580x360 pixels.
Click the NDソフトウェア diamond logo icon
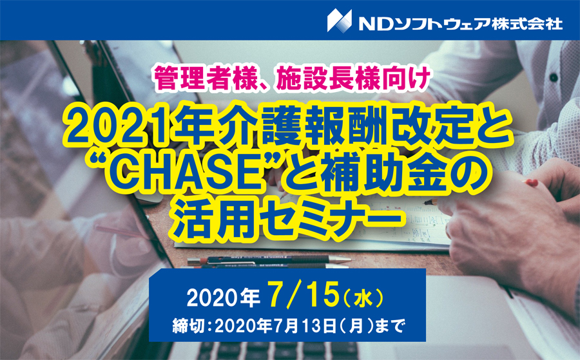point(339,20)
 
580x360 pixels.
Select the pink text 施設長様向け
point(353,79)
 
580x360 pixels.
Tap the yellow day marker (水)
point(363,298)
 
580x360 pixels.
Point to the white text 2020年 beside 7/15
point(223,298)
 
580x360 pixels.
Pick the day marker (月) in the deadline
point(356,327)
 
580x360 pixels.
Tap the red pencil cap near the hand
point(532,182)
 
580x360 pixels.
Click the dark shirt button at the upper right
point(554,77)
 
